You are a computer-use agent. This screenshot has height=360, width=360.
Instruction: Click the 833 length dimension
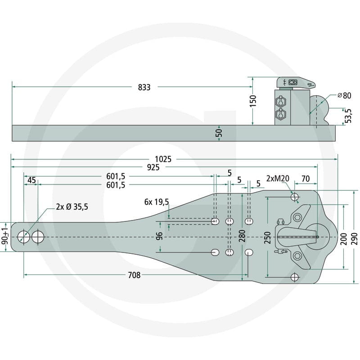[x=144, y=87]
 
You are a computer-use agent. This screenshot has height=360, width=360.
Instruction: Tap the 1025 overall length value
[x=163, y=159]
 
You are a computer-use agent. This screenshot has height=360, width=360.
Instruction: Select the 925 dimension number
[x=153, y=167]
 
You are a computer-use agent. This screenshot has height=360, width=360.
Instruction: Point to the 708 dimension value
[x=134, y=275]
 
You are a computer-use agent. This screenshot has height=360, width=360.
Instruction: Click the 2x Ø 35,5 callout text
[x=72, y=207]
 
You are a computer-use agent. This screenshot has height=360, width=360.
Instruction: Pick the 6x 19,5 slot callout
[x=157, y=202]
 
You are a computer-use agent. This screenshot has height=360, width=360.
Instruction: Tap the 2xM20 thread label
[x=278, y=178]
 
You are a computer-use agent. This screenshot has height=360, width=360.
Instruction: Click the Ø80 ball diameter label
[x=344, y=95]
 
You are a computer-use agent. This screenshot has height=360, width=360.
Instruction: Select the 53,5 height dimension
[x=348, y=116]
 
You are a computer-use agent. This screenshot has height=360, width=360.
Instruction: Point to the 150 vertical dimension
[x=253, y=101]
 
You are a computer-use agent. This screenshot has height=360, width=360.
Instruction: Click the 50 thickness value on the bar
[x=219, y=133]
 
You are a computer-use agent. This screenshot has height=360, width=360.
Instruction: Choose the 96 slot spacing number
[x=159, y=236]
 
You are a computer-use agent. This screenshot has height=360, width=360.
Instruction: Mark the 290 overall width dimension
[x=354, y=239]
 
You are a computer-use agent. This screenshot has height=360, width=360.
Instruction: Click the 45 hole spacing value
[x=31, y=180]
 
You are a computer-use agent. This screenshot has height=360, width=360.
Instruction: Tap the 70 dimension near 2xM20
[x=306, y=179]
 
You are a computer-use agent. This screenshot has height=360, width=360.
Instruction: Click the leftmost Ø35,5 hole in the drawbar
[x=24, y=237]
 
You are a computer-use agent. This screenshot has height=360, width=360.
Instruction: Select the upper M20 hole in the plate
[x=295, y=197]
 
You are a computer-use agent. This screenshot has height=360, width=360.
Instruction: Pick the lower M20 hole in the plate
[x=295, y=277]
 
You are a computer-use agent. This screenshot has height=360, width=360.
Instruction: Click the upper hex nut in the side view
[x=280, y=102]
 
